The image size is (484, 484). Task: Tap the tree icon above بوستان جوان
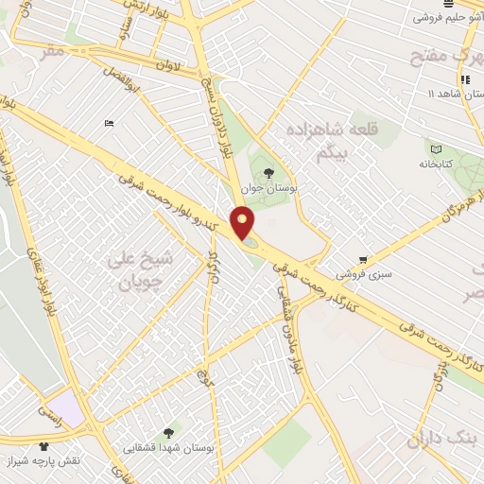tap(270, 173)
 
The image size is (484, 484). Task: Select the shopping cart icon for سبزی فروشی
tap(364, 260)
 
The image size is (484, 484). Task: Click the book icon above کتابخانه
tap(436, 149)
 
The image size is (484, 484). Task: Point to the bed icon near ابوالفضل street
tap(110, 124)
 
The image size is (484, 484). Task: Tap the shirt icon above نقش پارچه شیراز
tap(43, 445)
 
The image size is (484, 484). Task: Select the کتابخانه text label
tap(436, 164)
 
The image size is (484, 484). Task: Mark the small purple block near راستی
tap(65, 408)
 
